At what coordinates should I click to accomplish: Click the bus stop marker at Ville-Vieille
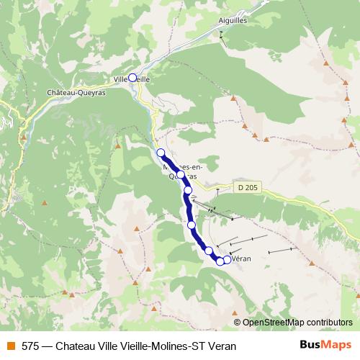pos(132,78)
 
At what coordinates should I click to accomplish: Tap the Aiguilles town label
pos(233,21)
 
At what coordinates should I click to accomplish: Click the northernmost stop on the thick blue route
pos(161,153)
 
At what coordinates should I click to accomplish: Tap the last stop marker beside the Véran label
pos(227,260)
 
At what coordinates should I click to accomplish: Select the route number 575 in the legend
pos(30,346)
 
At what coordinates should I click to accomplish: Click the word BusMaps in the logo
pos(325,345)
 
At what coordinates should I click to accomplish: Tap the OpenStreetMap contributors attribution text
pos(297,323)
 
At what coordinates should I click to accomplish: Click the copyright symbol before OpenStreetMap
pos(237,323)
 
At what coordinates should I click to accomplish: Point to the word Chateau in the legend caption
pos(76,346)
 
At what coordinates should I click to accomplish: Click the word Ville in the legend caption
pos(109,346)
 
